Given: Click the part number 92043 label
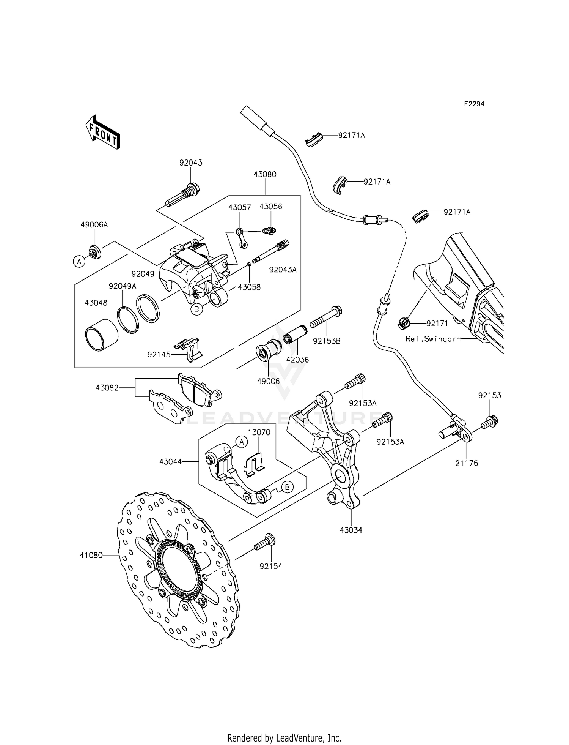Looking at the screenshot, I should pyautogui.click(x=191, y=163).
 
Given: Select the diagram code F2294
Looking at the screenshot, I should pyautogui.click(x=474, y=104).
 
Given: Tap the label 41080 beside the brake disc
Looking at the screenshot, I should pyautogui.click(x=91, y=555).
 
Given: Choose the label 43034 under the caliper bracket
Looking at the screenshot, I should pyautogui.click(x=351, y=530).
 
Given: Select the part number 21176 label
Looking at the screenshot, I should pyautogui.click(x=467, y=463).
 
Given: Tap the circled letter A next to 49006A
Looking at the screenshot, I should pyautogui.click(x=79, y=261).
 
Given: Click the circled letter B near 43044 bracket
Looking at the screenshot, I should pyautogui.click(x=288, y=487).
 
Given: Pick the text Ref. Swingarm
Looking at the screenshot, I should pyautogui.click(x=433, y=339).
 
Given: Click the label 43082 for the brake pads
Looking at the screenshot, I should pyautogui.click(x=107, y=388).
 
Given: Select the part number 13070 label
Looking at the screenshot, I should pyautogui.click(x=259, y=432).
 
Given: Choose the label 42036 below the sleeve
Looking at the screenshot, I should pyautogui.click(x=297, y=360).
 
